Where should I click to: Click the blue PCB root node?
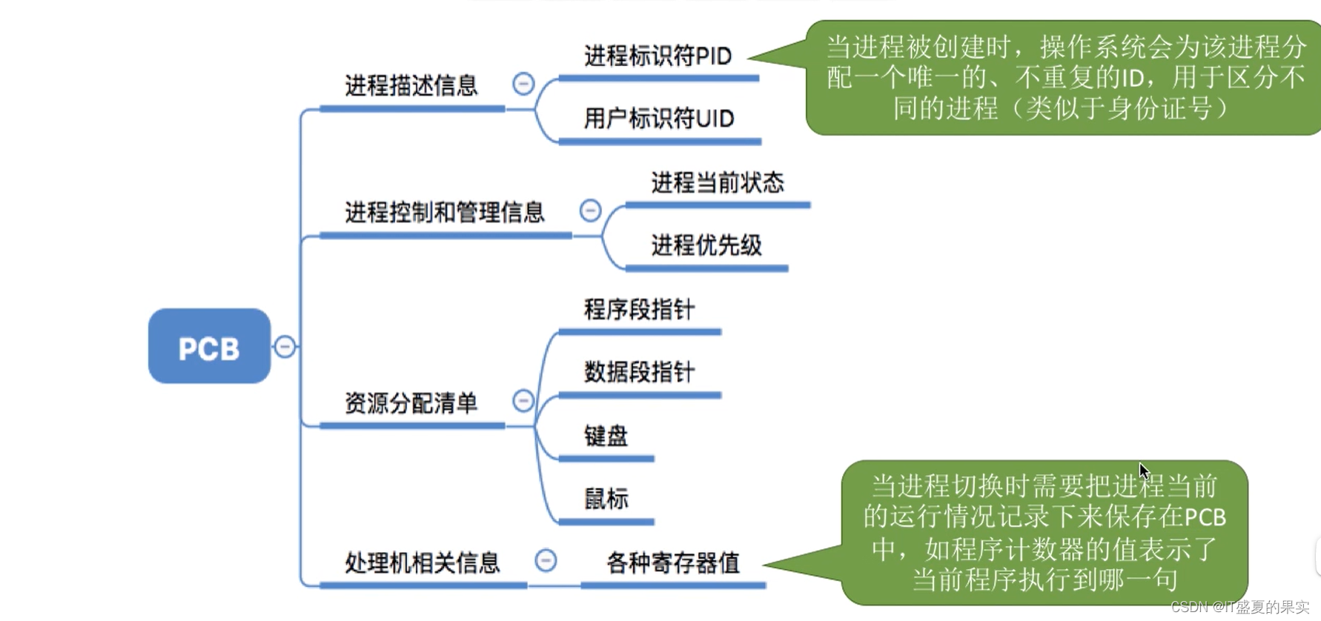click(209, 346)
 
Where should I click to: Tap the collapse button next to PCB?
click(285, 346)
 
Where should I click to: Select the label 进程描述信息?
click(411, 86)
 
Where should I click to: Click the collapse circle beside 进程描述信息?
click(523, 84)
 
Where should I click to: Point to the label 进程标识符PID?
click(658, 56)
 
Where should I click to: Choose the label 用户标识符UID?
click(658, 119)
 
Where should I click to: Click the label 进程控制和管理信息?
click(445, 213)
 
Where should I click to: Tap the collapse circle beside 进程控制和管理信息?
click(590, 210)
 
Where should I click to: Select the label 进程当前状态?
click(717, 182)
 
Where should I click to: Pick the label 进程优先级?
click(706, 245)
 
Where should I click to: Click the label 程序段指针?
click(639, 309)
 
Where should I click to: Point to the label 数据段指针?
click(639, 372)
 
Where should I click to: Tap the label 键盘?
click(606, 436)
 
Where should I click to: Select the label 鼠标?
click(606, 499)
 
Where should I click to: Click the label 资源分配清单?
click(411, 403)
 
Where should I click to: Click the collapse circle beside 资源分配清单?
click(523, 401)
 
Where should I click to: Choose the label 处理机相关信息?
click(423, 563)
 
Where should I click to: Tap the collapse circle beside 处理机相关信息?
click(546, 560)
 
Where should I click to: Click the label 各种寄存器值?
click(672, 563)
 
